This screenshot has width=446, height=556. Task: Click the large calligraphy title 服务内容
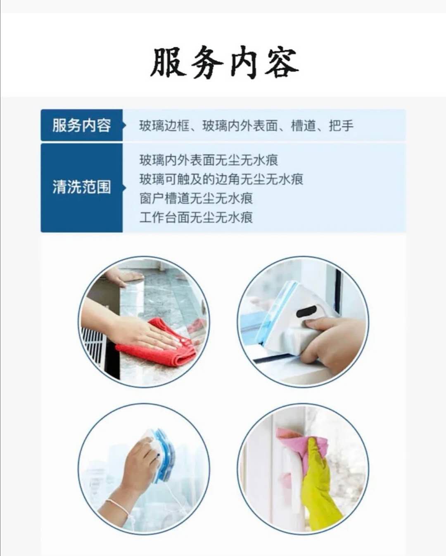point(225,63)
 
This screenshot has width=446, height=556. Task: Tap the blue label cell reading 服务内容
point(82,125)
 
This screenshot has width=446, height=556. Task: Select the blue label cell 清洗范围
point(82,188)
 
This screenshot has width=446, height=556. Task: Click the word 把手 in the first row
point(341,126)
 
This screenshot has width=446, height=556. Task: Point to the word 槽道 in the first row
point(304,126)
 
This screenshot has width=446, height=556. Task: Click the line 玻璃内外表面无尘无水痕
point(209,160)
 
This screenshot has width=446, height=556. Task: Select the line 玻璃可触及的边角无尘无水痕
point(221,179)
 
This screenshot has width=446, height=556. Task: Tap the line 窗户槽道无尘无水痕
point(196,198)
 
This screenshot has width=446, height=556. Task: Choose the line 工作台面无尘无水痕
point(196,217)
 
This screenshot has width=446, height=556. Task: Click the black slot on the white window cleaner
point(307,312)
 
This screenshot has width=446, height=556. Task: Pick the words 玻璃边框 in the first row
point(164,126)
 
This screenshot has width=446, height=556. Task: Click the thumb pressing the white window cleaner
point(317,324)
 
